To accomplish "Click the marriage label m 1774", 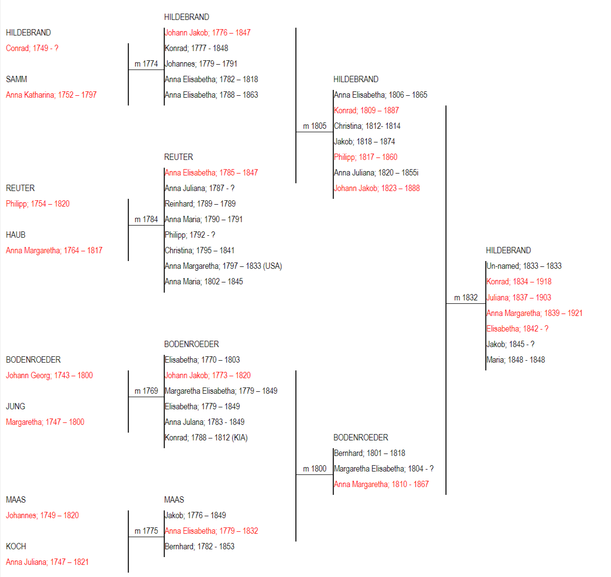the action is (x=146, y=64).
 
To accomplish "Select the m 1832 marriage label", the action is (x=466, y=297).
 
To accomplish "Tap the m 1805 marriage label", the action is (x=315, y=126).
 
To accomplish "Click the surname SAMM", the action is (x=17, y=79).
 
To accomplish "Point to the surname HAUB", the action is (x=16, y=235).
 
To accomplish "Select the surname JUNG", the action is (x=16, y=406).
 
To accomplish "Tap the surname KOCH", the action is (x=16, y=546).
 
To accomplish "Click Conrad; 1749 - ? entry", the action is (x=32, y=48).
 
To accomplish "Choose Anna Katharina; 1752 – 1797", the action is (x=51, y=95).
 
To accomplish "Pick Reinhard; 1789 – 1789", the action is (x=200, y=204).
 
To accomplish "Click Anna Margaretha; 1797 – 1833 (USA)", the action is (x=223, y=266).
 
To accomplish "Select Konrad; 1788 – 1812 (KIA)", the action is (x=206, y=437).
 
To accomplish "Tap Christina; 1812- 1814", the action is (x=367, y=126).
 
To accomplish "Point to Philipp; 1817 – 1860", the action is (x=366, y=157).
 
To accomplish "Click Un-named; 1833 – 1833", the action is (x=524, y=266).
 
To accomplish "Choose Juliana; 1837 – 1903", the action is (x=519, y=297).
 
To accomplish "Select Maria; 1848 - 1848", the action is (x=516, y=360).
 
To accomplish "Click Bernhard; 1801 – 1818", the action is (x=370, y=453).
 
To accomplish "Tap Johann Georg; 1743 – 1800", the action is (x=49, y=375).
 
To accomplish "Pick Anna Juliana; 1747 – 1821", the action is (x=47, y=562).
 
